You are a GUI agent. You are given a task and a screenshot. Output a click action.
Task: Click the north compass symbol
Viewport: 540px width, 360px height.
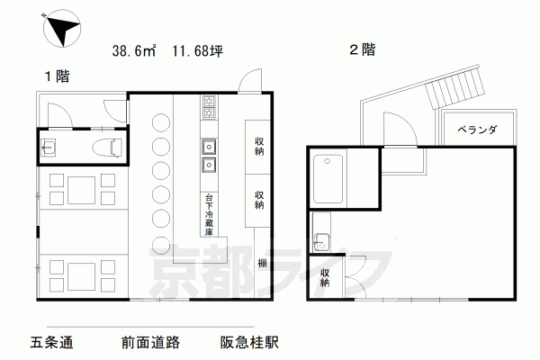point(61,28)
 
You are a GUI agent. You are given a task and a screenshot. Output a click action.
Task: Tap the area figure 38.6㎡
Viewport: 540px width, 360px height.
point(134,51)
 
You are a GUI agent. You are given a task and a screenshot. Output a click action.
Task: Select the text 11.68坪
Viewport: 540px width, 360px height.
point(198,51)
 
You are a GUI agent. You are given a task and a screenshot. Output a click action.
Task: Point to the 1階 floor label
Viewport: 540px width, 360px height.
point(58,76)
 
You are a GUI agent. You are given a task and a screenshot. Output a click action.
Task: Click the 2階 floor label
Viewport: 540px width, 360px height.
point(363,49)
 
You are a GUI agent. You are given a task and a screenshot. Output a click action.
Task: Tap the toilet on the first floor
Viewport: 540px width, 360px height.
point(107,148)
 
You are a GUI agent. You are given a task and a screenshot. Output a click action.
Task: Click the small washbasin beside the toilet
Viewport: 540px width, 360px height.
point(47,148)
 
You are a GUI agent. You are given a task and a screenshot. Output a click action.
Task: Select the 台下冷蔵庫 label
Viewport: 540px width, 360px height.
point(209,214)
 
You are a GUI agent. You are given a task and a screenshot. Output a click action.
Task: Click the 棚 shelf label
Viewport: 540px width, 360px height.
point(263,264)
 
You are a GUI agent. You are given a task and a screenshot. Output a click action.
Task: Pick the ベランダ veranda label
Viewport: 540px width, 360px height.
point(477,130)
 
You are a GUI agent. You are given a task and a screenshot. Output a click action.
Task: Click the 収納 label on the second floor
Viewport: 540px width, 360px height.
point(325,278)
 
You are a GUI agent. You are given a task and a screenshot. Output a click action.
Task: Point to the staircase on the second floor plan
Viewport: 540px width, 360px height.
point(455,89)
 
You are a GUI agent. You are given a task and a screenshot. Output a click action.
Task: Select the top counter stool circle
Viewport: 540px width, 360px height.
point(161,123)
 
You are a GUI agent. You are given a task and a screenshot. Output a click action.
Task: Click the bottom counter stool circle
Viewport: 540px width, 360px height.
point(161,245)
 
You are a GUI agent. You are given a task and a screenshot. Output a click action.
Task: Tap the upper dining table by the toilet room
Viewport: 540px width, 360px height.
point(81,190)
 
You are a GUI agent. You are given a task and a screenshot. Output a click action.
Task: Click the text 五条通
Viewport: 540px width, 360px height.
point(51,342)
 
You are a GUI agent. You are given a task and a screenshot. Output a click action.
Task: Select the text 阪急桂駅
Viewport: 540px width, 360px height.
point(249,342)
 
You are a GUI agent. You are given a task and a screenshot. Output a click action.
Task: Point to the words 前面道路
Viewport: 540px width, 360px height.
point(150,342)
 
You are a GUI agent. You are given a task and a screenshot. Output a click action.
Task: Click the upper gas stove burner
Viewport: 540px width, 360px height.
point(209,101)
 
